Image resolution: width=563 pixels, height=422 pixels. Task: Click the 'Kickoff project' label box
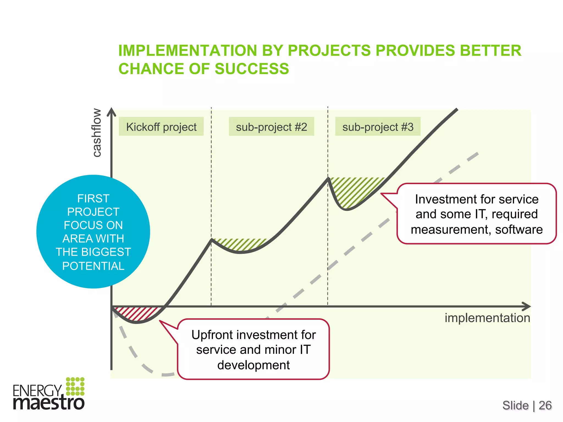161,127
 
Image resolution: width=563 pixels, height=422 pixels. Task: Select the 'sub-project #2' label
271,127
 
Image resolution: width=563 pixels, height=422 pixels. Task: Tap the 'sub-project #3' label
378,127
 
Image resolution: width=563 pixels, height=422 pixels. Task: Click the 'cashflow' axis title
96,133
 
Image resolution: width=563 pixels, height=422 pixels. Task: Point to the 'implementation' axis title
487,318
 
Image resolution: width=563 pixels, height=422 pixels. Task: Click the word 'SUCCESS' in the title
252,69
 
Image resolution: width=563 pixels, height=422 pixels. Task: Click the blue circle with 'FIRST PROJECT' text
93,232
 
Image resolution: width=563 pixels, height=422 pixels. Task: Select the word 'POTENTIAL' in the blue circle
93,266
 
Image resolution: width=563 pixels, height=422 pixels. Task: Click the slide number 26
545,405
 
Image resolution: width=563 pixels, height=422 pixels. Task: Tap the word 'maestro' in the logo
49,403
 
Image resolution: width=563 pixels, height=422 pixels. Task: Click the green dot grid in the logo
75,386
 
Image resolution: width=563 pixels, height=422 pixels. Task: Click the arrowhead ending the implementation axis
526,306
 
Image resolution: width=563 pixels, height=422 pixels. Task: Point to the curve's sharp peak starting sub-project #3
328,178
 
